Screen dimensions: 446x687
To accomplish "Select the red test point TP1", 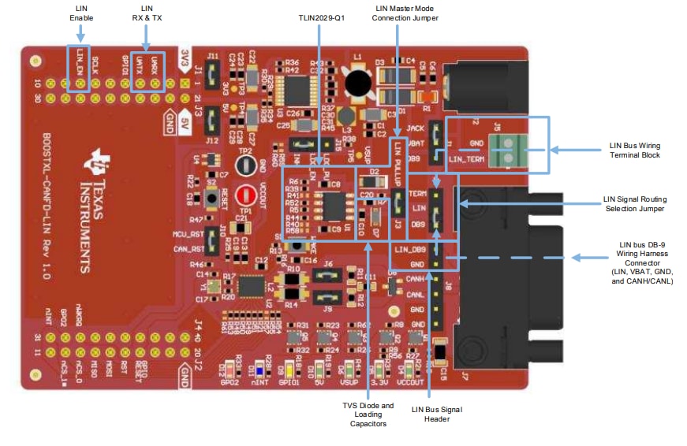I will click(245, 194).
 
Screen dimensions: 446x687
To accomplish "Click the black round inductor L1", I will click(360, 82).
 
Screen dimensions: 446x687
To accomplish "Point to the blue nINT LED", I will click(251, 369).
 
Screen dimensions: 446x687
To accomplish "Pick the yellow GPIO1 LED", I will click(290, 369).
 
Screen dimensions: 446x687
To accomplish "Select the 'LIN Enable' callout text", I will click(80, 12).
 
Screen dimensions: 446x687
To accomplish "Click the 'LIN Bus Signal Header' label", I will click(437, 414).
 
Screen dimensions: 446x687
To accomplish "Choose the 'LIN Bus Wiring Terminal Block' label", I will click(635, 151).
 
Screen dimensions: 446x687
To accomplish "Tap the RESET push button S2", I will click(211, 193).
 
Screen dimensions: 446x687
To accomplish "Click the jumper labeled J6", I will click(327, 275).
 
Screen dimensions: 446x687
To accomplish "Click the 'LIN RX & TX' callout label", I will click(147, 12).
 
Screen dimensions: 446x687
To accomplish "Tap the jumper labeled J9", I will click(327, 297).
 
